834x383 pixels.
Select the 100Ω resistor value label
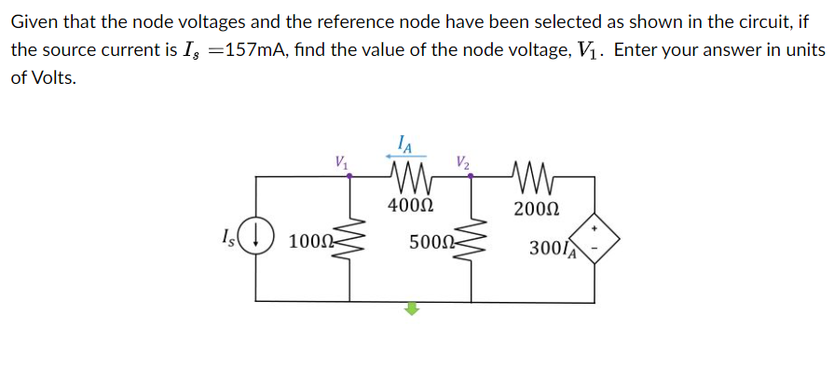pos(307,243)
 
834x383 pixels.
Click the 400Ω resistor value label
pos(409,205)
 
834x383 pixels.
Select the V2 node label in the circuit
pos(463,160)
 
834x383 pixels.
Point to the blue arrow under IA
pos(403,157)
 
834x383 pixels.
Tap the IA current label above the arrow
pos(403,144)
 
